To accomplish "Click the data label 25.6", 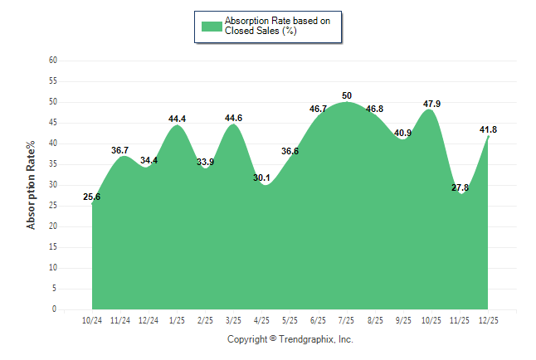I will pos(92,197).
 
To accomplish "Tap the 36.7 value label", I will pos(120,150).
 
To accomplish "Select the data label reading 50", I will pos(347,95).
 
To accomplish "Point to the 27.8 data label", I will pos(460,187).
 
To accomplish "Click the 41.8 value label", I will pos(489,129).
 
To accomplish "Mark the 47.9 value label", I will pos(431,104).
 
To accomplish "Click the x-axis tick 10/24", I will pos(92,320).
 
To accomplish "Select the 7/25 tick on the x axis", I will pos(347,320).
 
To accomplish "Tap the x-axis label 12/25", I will pos(489,320).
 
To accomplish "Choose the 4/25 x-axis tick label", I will pos(262,320).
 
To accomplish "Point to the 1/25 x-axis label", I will pos(177,320).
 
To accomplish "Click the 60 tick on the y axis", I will pos(53,61).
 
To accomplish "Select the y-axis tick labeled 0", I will pos(55,309).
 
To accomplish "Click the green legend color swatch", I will pos(212,26).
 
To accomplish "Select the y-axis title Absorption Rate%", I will pos(32,185).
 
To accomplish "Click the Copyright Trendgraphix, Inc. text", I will pos(290,339).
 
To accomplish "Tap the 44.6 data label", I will pos(234,118).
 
